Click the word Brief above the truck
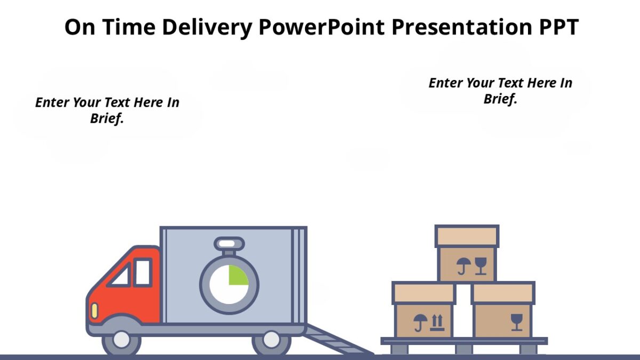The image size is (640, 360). [x=107, y=118]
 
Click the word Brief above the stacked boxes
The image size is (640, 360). [x=500, y=99]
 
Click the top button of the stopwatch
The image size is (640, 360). [x=229, y=244]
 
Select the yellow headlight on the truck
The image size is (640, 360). [x=94, y=310]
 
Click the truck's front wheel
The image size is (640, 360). [x=122, y=340]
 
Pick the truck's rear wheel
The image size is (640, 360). [x=271, y=340]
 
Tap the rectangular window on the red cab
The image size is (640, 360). [x=142, y=272]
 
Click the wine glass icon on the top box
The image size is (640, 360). [x=481, y=265]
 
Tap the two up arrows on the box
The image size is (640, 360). [x=437, y=322]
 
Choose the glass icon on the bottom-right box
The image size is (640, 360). [x=516, y=322]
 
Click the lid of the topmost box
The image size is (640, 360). [x=467, y=236]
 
